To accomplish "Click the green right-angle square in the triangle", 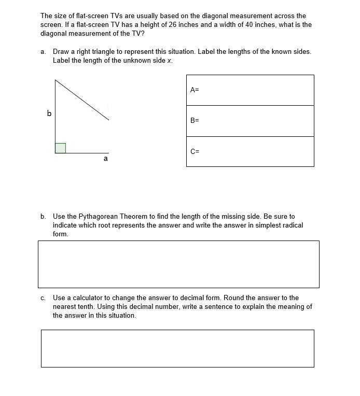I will (x=60, y=148).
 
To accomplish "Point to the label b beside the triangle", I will (x=49, y=113).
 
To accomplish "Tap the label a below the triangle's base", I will (x=106, y=159).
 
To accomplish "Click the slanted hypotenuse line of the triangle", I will (x=82, y=100).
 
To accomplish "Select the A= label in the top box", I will (x=195, y=90).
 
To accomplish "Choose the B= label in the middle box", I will (x=195, y=120).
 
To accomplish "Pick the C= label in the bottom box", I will (x=195, y=151).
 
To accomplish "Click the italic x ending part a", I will (x=169, y=61).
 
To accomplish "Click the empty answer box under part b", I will (x=178, y=264).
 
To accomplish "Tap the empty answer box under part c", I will (x=177, y=348).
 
